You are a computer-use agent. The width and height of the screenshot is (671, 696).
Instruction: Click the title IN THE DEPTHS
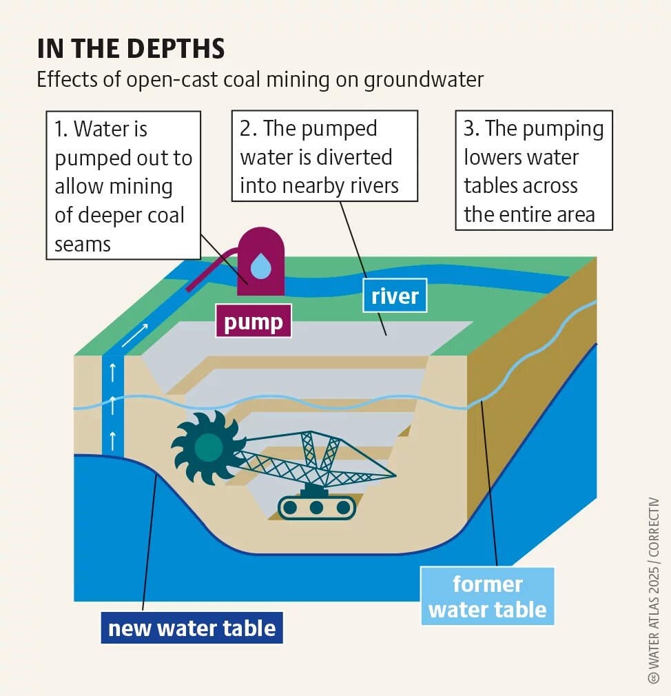coord(131,49)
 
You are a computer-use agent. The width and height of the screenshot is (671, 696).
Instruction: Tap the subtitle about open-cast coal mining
coord(260,79)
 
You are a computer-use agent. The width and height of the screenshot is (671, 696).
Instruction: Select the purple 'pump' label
coord(254,322)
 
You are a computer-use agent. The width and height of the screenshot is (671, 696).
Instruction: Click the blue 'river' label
coord(395,296)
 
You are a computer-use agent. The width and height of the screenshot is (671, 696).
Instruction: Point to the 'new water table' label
coord(192,628)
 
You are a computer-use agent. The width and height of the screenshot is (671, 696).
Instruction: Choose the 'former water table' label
coord(487,597)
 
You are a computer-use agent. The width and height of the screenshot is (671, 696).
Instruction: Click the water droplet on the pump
coord(260,265)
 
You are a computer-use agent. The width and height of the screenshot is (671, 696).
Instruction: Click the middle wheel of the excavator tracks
coord(316,508)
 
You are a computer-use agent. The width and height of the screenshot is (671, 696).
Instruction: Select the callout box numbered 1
coord(123,185)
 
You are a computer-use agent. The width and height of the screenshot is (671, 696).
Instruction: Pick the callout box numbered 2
coord(324,156)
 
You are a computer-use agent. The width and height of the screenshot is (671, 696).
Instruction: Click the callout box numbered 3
coord(533,171)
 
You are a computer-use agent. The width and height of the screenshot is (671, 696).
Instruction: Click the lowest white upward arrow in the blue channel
coord(112,439)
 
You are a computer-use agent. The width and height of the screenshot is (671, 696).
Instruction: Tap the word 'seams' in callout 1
coord(83,243)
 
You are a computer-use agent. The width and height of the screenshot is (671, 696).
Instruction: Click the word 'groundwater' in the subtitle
coord(424,79)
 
